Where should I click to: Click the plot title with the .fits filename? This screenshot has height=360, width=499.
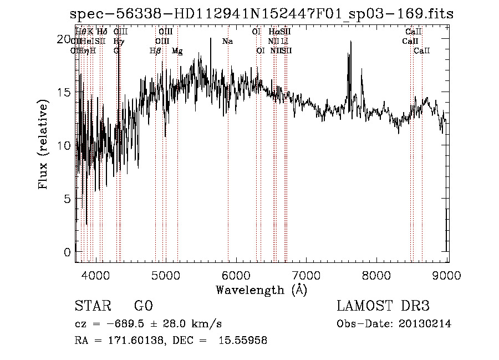click(262, 14)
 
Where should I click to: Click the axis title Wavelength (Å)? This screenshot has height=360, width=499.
click(261, 290)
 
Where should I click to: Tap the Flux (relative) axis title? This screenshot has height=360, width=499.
click(44, 145)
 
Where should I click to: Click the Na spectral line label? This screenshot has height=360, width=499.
click(227, 41)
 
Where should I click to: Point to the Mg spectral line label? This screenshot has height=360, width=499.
click(177, 50)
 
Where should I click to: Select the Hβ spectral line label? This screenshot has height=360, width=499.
click(155, 50)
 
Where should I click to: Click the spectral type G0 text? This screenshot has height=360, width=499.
click(143, 306)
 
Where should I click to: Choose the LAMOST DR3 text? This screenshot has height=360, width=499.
click(383, 306)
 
